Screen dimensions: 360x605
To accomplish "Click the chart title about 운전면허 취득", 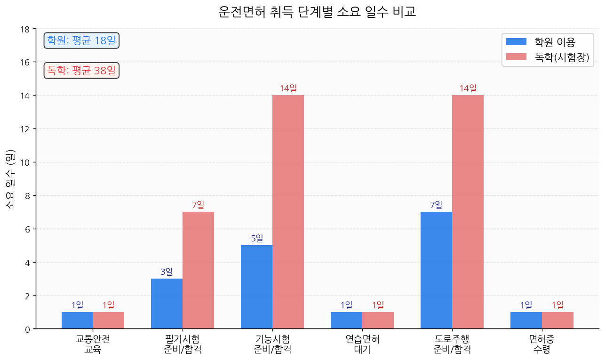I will pos(317,12).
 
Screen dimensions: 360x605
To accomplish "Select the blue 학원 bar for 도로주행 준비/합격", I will pos(436,270).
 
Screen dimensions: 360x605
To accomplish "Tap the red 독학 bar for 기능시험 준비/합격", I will pos(288,212).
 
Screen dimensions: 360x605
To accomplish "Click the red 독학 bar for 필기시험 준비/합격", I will pos(198,270).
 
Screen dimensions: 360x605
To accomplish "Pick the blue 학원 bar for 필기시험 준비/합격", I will pos(167,304).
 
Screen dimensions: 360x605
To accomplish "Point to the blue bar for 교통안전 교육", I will pos(77,320).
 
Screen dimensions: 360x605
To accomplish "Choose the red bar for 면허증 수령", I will pos(557,320).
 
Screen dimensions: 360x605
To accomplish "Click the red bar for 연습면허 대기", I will pos(378,320).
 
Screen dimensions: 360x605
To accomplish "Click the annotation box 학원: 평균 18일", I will pos(81,40).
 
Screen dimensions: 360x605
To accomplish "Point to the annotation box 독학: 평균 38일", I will pos(81,71).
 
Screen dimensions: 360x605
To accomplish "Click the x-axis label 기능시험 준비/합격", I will pos(272,344).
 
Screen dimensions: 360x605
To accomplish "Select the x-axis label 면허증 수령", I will pos(541,344).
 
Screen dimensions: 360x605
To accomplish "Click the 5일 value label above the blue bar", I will pos(257,239).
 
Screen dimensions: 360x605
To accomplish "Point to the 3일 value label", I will pos(167,272).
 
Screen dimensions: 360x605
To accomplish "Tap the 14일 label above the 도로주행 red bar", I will pos(468,88).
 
